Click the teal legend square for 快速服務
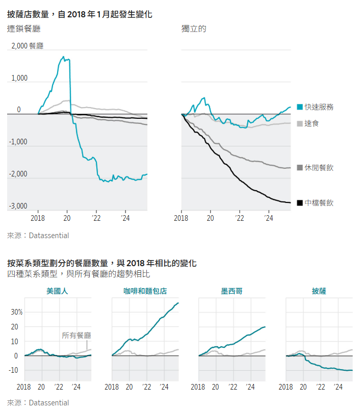point(299,107)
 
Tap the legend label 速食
point(312,123)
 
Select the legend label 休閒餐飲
point(319,168)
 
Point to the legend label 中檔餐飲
point(319,203)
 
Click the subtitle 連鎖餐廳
point(24,29)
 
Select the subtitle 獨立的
point(194,29)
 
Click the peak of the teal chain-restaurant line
point(63,57)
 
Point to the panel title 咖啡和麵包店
point(145,292)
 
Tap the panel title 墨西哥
point(232,292)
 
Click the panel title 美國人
point(57,292)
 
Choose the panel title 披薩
point(319,292)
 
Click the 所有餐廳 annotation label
point(76,336)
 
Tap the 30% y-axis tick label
point(17,312)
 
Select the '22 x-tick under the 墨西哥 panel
point(233,388)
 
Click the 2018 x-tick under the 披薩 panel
point(287,388)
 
